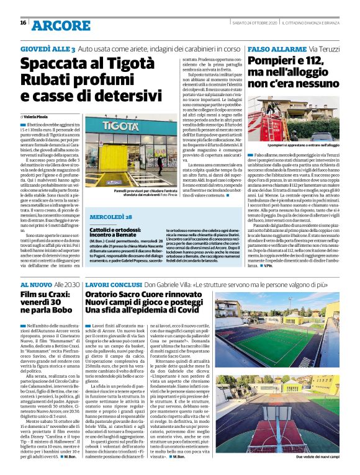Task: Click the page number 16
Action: pyautogui.click(x=23, y=23)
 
